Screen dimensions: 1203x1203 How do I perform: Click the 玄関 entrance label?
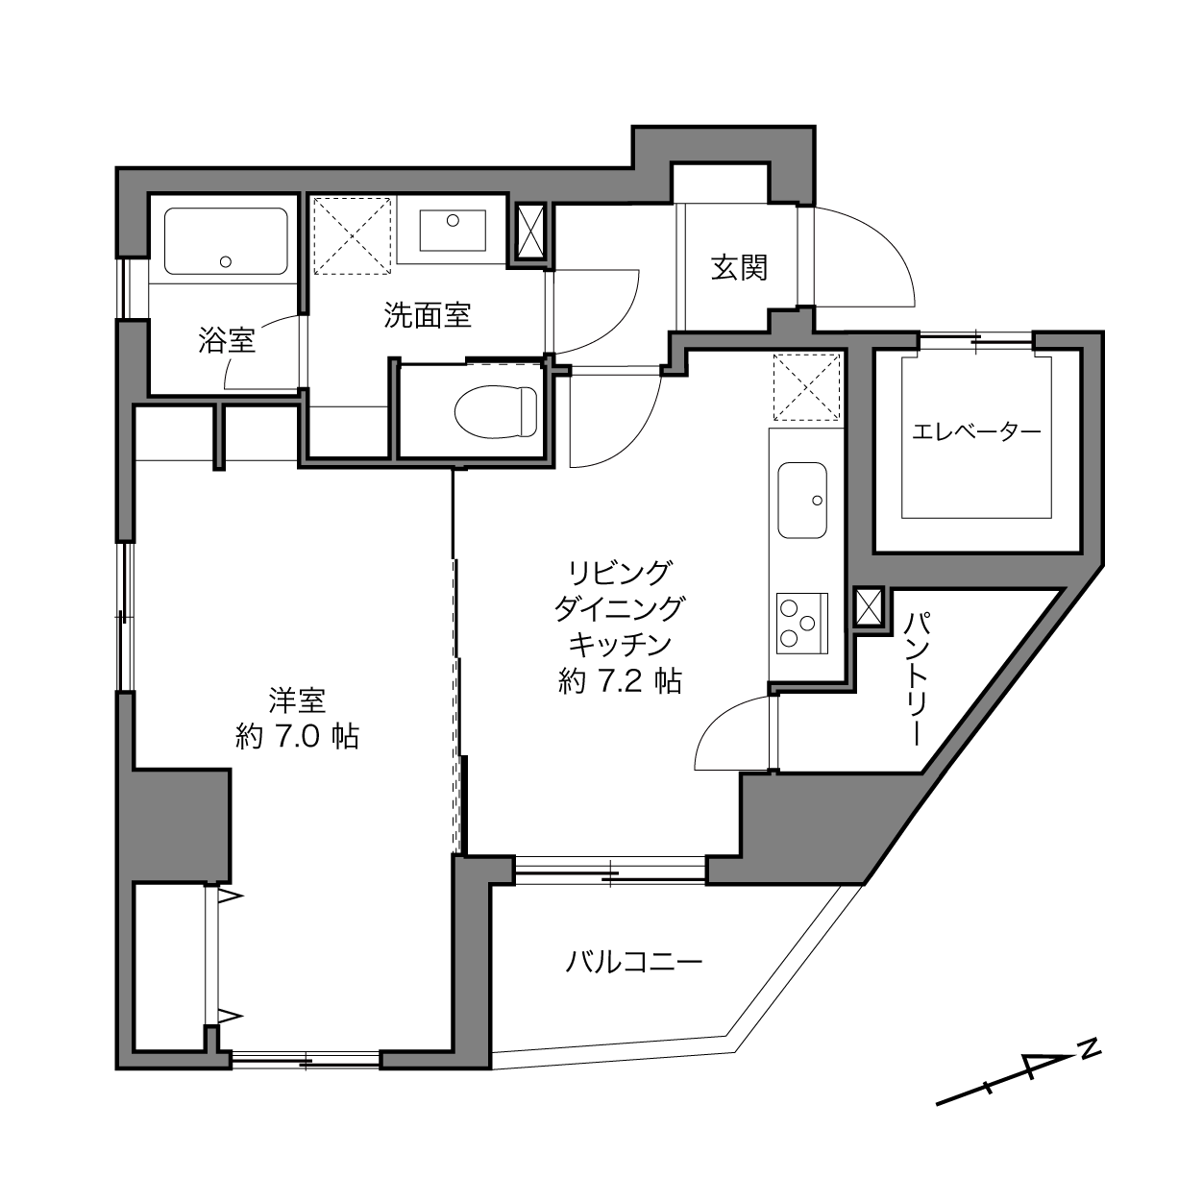click(x=739, y=267)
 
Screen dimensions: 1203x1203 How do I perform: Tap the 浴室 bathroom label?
click(x=227, y=340)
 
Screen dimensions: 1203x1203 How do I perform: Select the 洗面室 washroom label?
click(x=427, y=315)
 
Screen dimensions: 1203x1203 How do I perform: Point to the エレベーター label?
click(x=976, y=432)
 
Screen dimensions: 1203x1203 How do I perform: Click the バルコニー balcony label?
click(x=633, y=962)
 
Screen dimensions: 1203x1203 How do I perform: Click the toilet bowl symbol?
click(x=496, y=411)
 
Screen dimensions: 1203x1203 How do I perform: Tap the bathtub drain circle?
click(x=226, y=262)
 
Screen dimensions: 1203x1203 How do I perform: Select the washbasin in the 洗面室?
click(x=453, y=231)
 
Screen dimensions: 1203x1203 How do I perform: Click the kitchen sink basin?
click(x=802, y=500)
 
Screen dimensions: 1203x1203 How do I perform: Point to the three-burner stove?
click(x=802, y=624)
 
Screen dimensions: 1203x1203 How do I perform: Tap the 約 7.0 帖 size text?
click(x=297, y=737)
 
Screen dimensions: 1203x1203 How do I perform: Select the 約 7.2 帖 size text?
click(x=620, y=680)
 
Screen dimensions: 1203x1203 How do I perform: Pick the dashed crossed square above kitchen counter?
click(x=806, y=387)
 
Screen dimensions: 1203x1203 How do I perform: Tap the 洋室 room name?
click(x=297, y=700)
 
